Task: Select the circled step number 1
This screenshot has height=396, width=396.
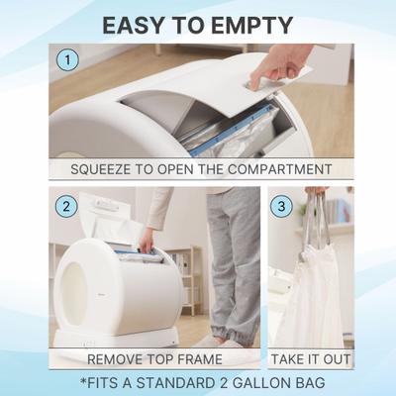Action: click(x=67, y=60)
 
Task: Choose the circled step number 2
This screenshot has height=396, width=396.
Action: click(x=67, y=206)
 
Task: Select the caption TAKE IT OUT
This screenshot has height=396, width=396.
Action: click(x=312, y=358)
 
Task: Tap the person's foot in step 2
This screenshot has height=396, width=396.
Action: click(x=236, y=342)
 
